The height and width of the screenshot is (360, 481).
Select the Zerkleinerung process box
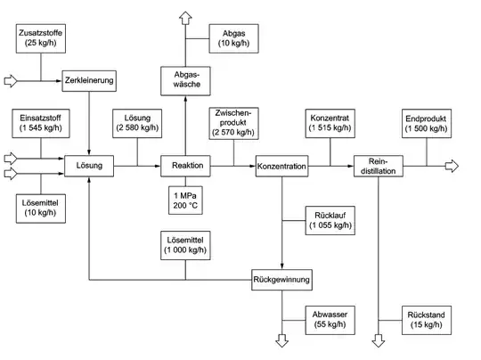(x=90, y=80)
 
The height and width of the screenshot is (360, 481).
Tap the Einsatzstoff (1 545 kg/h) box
(x=40, y=123)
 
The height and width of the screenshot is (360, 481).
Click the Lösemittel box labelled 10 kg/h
(x=40, y=208)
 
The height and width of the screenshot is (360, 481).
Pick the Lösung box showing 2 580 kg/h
(x=136, y=123)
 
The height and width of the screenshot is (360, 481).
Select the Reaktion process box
(x=185, y=166)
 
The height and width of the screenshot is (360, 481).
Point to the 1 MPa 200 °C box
(x=185, y=200)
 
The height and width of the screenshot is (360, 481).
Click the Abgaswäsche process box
(x=185, y=81)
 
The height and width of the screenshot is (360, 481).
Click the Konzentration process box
(x=282, y=166)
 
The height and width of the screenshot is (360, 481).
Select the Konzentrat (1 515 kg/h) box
(x=330, y=123)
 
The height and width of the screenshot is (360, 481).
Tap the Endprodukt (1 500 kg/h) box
(x=427, y=123)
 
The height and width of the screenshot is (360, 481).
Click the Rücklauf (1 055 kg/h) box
(x=330, y=220)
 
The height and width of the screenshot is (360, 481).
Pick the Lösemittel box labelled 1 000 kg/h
(x=185, y=245)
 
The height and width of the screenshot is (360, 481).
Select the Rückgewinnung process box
(x=282, y=279)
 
